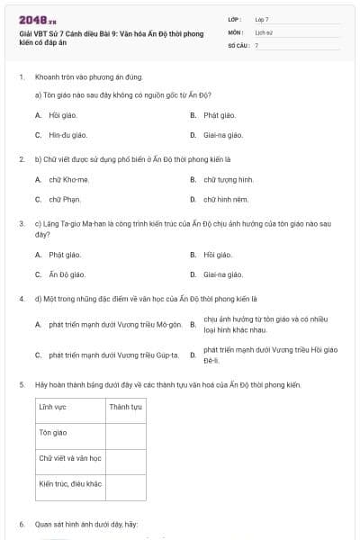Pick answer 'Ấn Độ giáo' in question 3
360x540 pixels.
click(x=67, y=274)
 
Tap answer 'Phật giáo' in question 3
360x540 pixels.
click(x=64, y=255)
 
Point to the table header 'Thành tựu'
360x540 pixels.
click(x=125, y=407)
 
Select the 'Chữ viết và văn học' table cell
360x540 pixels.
click(x=70, y=458)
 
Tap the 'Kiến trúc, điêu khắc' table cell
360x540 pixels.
click(x=70, y=483)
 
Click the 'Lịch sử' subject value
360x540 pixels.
click(x=263, y=31)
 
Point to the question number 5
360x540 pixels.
click(x=22, y=384)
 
